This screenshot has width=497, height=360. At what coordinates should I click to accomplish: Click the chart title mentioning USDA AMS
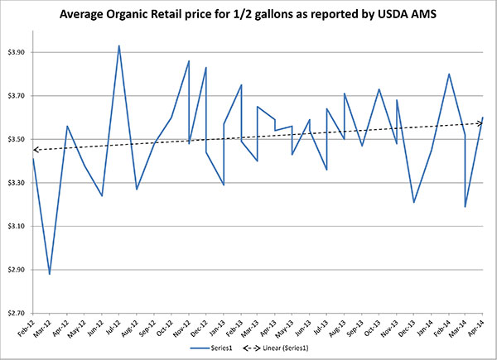click(x=248, y=13)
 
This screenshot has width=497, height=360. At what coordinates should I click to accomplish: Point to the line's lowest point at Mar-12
click(x=50, y=274)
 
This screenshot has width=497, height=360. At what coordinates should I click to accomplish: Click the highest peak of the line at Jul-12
click(x=119, y=46)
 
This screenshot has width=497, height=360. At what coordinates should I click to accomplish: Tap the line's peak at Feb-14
click(x=449, y=74)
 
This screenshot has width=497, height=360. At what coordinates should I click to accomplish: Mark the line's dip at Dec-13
click(x=413, y=202)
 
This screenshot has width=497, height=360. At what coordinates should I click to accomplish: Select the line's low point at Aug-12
click(x=137, y=190)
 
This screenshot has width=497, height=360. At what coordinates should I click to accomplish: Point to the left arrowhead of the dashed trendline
click(x=35, y=150)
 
